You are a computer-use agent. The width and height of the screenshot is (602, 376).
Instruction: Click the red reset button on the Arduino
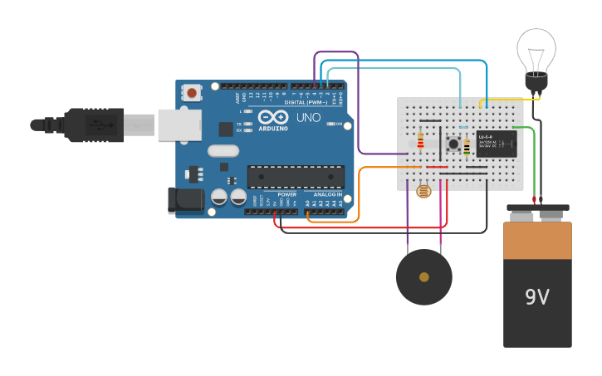pos(193,93)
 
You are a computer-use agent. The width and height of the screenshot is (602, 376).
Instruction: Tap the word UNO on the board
pos(309,117)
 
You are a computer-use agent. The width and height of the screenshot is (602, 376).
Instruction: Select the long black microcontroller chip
pos(296,176)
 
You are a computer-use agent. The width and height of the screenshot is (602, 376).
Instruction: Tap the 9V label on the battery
pos(537,296)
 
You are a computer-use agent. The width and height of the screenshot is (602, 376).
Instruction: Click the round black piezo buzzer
pos(424,277)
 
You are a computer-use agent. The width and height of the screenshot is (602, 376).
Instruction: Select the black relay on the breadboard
pos(497,144)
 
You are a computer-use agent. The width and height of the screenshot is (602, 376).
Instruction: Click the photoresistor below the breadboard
pos(423,191)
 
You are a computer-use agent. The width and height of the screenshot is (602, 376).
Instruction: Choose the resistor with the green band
pos(467,147)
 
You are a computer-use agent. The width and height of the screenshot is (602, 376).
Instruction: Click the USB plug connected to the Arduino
pos(108,125)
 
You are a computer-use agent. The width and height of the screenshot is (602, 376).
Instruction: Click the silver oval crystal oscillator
pos(223,151)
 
